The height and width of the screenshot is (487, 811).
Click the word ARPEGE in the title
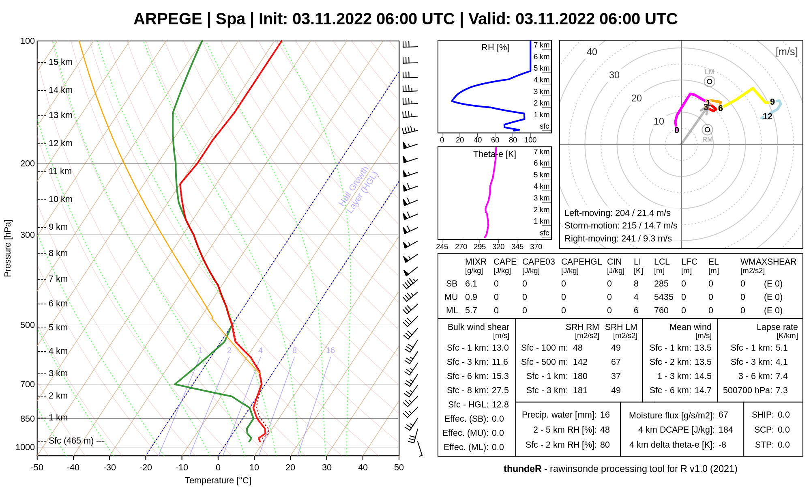[x=167, y=19]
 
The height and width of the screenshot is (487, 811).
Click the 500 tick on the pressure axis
[x=28, y=325]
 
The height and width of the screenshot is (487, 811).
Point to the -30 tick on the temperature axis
[x=109, y=468]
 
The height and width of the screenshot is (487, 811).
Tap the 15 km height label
[x=60, y=62]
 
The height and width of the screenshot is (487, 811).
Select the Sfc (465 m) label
[x=71, y=441]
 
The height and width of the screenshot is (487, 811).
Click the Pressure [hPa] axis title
[x=8, y=248]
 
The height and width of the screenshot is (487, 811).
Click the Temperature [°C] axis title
[x=218, y=481]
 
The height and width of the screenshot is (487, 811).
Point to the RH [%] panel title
[x=495, y=47]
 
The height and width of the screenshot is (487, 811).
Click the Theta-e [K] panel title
[x=494, y=154]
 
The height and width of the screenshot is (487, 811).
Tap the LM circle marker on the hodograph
[x=709, y=82]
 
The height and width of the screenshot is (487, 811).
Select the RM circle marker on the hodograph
[x=708, y=130]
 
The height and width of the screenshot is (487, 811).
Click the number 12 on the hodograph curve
[x=768, y=116]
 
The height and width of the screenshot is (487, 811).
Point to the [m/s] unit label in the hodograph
[x=787, y=52]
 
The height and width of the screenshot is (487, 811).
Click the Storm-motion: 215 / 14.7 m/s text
[x=621, y=226]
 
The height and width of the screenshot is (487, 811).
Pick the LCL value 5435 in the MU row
[x=663, y=297]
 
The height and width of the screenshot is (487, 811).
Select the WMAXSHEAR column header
[x=768, y=262]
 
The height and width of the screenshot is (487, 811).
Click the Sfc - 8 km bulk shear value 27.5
[x=500, y=390]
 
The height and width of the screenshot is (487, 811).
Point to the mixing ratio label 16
[x=330, y=350]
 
